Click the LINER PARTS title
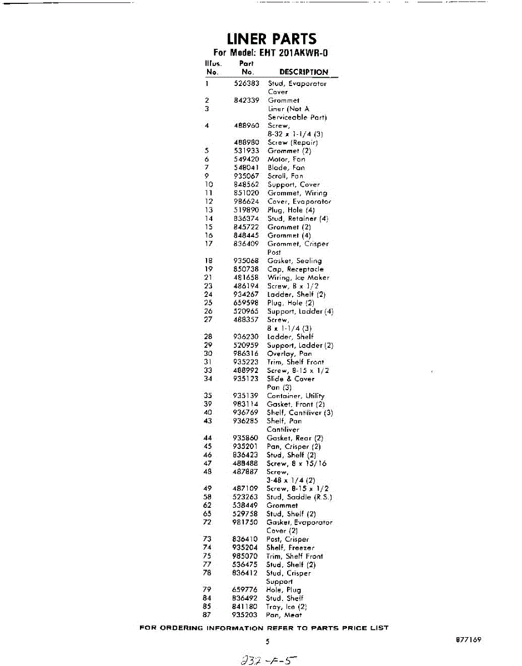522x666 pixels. [x=272, y=39]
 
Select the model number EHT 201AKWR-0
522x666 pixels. [x=272, y=54]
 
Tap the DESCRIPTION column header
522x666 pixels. [x=303, y=72]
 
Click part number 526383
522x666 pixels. [x=247, y=84]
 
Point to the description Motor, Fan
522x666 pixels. [x=287, y=159]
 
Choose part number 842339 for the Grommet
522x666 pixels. [x=247, y=100]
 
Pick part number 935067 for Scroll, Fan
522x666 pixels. [x=247, y=176]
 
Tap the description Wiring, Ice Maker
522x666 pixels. [x=298, y=277]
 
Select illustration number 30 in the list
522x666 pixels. [x=208, y=354]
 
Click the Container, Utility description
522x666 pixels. [x=295, y=396]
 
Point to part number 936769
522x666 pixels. [x=245, y=412]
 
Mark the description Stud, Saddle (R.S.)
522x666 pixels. [x=299, y=497]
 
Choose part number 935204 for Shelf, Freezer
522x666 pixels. [x=245, y=548]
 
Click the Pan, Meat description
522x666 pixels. [x=284, y=615]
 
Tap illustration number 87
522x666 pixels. [x=208, y=615]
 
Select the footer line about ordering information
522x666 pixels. [x=264, y=628]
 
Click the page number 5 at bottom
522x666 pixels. [x=267, y=642]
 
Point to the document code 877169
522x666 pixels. [x=468, y=640]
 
